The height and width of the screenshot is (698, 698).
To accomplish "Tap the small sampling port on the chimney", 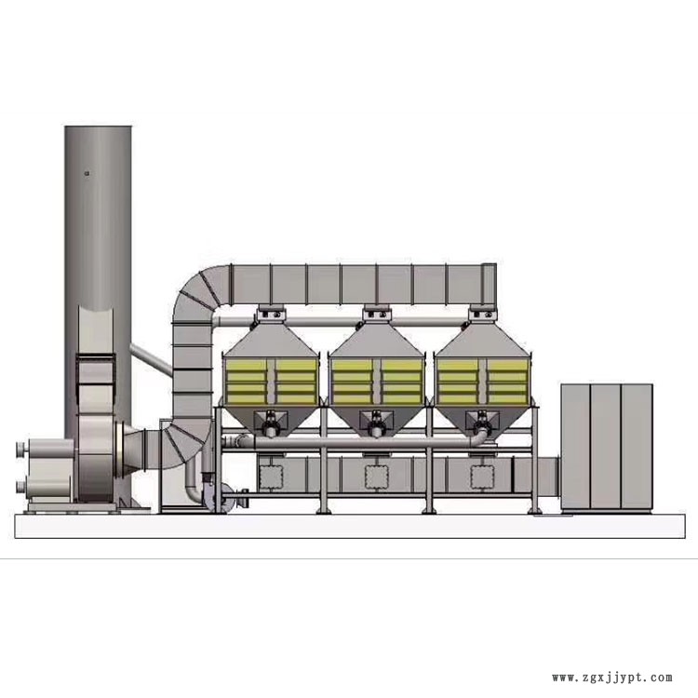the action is click(x=87, y=174).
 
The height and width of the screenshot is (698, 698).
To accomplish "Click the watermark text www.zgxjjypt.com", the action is click(x=612, y=678).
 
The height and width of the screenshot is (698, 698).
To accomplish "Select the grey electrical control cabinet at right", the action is click(x=606, y=447).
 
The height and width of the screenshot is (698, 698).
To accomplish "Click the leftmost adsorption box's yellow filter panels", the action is click(x=271, y=381).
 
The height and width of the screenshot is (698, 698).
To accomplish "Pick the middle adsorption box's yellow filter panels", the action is click(x=377, y=381).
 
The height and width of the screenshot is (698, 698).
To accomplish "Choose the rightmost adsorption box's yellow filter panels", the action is click(x=483, y=381).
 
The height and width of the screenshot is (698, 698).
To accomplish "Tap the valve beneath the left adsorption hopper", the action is click(x=270, y=425).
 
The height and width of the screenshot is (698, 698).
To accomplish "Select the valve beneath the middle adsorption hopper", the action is click(x=376, y=425).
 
